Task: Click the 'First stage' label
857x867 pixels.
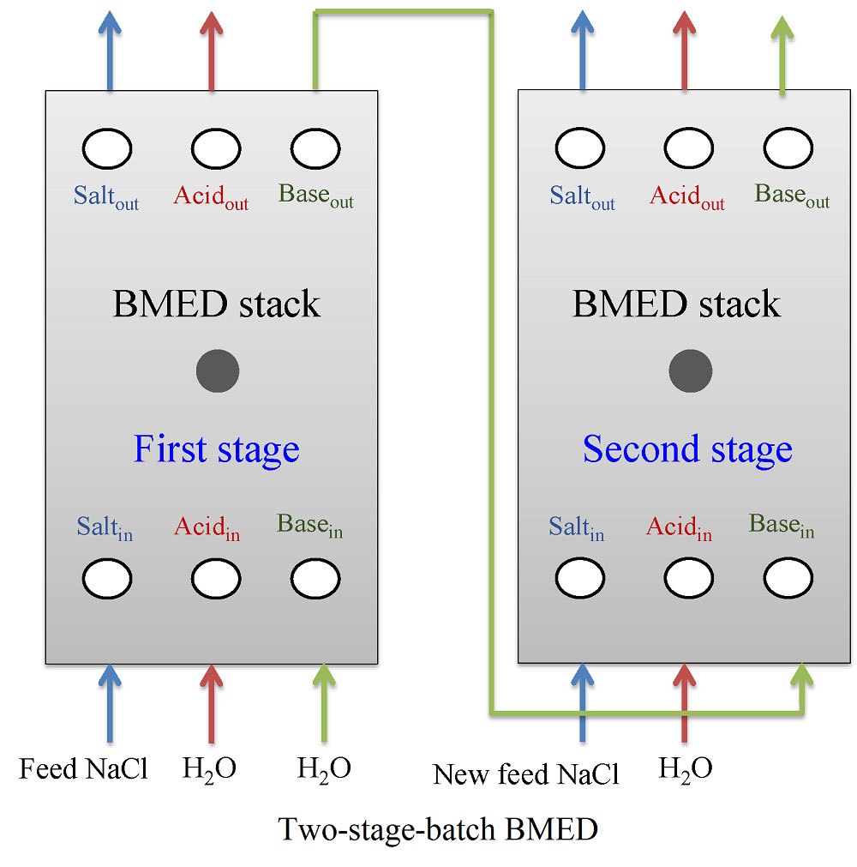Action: (216, 449)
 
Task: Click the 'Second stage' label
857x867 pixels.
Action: (687, 449)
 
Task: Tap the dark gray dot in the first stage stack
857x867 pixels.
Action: (218, 371)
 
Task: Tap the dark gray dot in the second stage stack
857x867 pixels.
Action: (691, 371)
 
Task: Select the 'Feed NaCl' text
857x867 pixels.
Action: (83, 768)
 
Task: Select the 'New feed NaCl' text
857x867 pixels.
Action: (525, 774)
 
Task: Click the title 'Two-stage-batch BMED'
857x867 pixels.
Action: (438, 830)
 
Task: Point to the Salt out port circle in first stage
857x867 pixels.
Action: (107, 150)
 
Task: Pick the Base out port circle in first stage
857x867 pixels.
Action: (315, 150)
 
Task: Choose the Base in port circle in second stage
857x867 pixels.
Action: (788, 580)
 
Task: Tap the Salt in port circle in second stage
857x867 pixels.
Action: (579, 580)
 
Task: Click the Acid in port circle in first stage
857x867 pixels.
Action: (216, 580)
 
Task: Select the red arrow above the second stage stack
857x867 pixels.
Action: (684, 51)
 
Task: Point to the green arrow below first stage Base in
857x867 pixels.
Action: (324, 703)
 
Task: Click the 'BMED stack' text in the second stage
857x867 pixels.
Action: (676, 304)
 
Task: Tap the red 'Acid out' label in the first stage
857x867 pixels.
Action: (211, 197)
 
